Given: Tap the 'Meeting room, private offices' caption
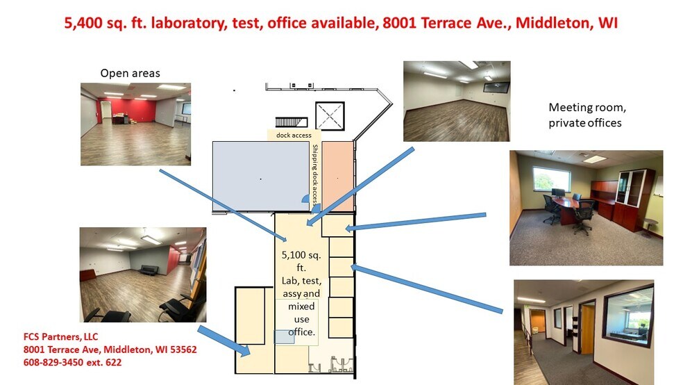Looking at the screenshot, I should pyautogui.click(x=584, y=115).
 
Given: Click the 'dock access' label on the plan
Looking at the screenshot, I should pyautogui.click(x=293, y=135).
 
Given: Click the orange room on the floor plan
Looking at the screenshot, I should pyautogui.click(x=337, y=176).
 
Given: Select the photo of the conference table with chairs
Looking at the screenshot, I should pyautogui.click(x=585, y=207).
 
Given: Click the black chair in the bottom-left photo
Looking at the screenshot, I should pyautogui.click(x=115, y=309).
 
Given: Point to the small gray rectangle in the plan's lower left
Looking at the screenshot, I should pyautogui.click(x=284, y=336).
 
